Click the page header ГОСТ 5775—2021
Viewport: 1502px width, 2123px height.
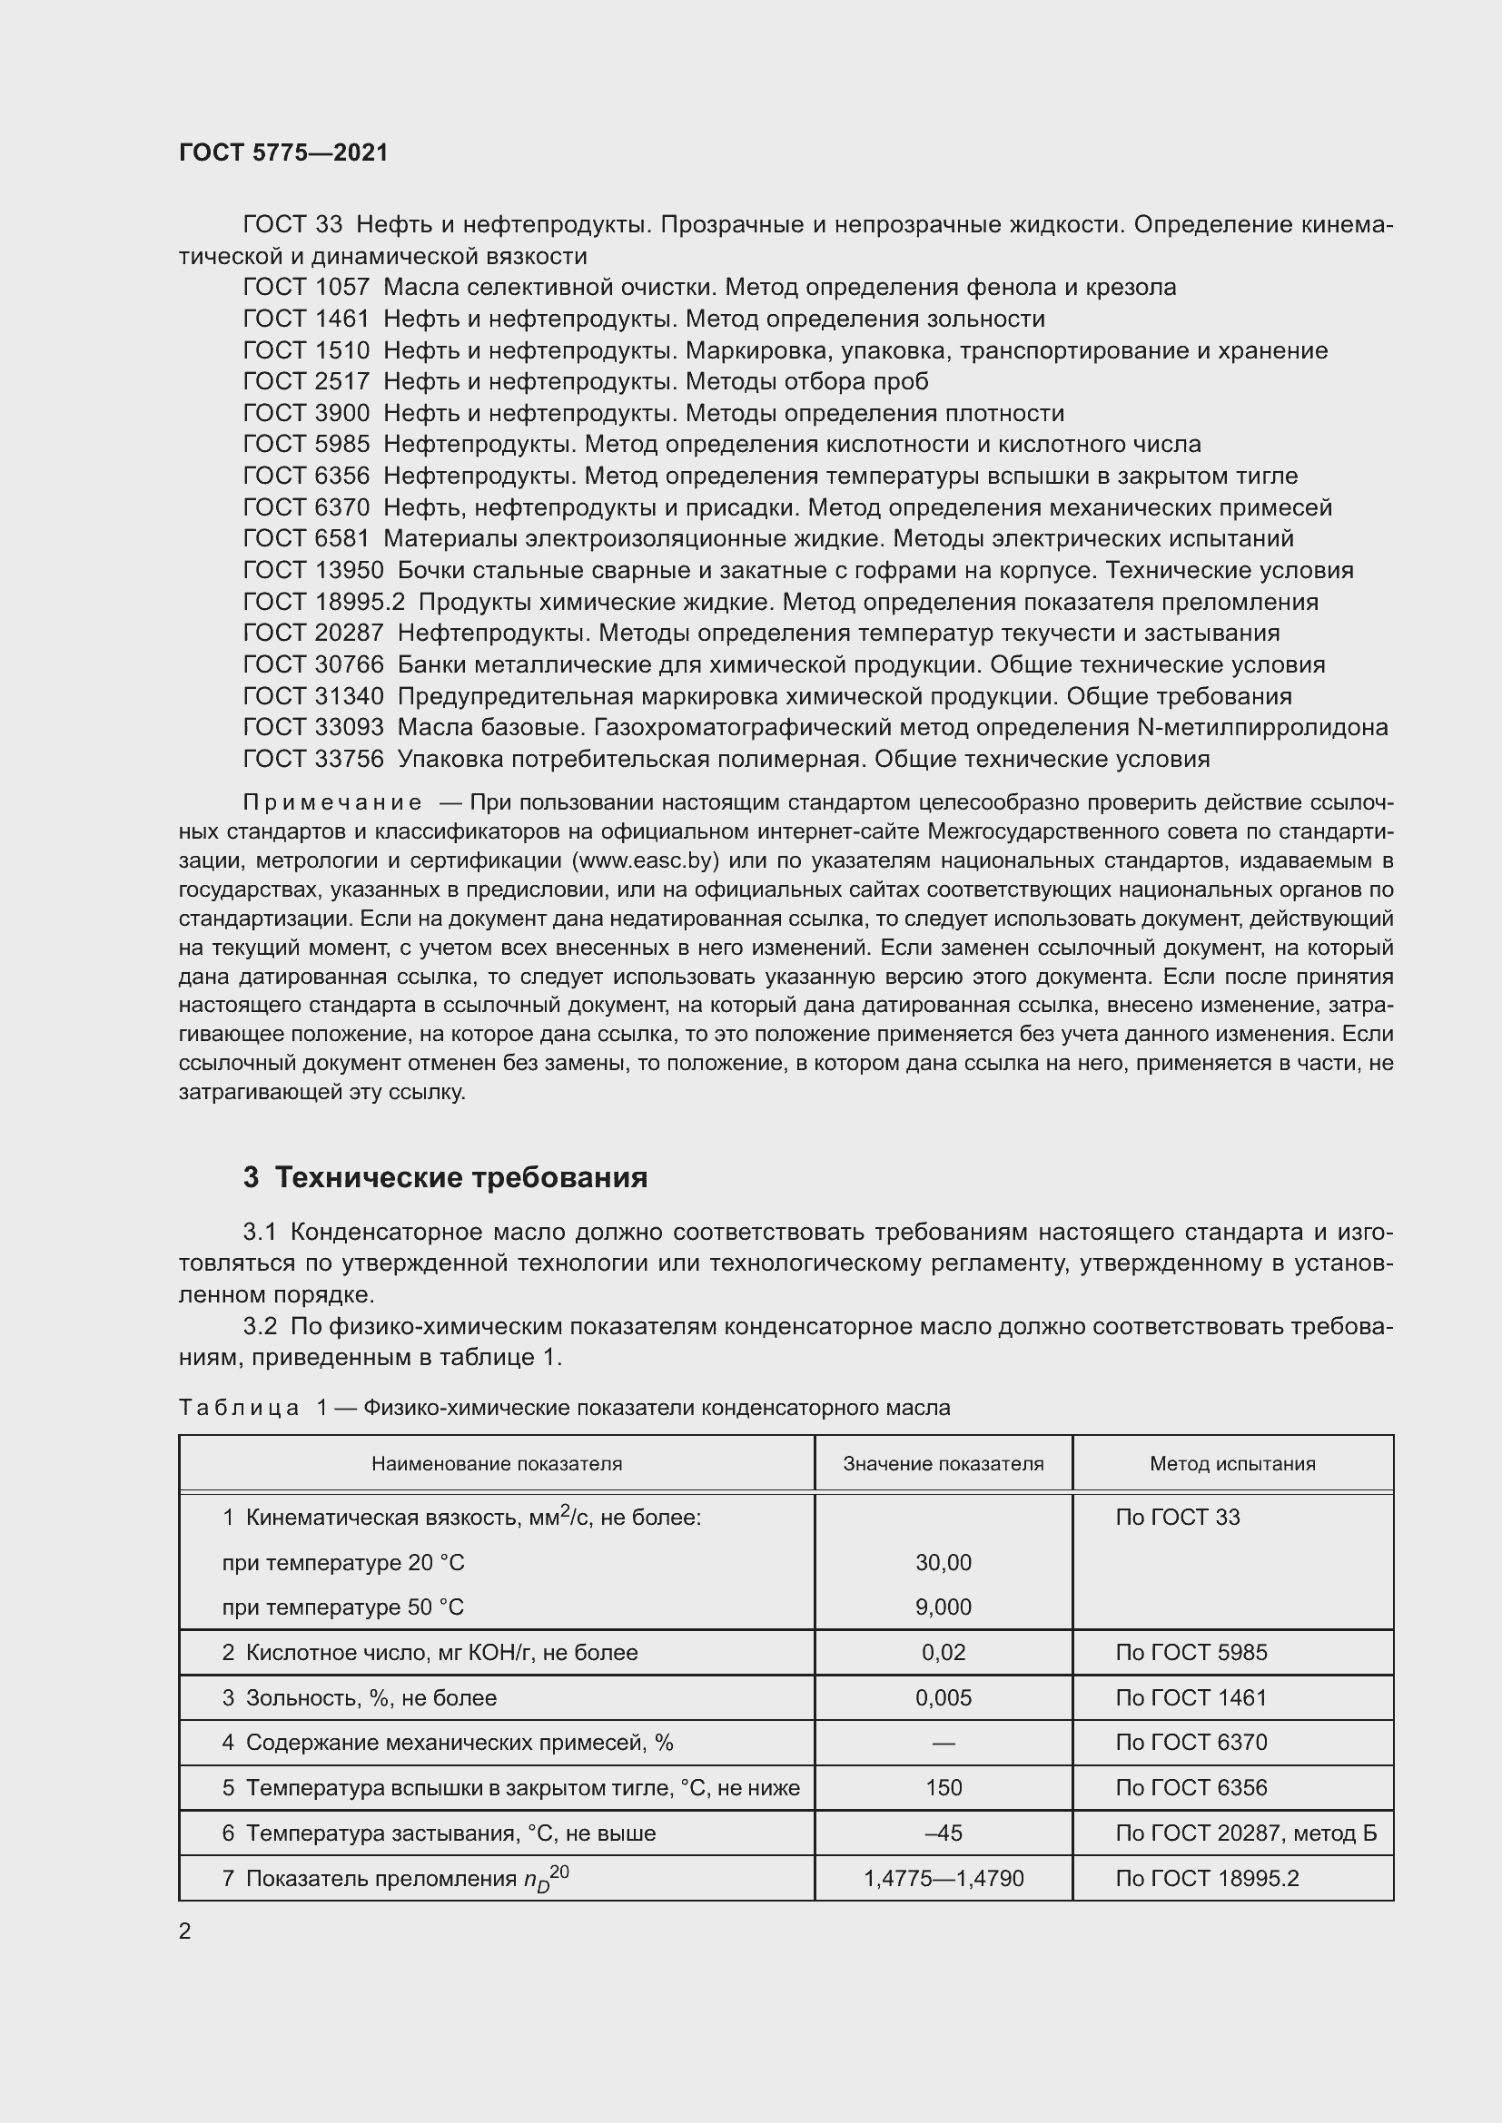coord(283,152)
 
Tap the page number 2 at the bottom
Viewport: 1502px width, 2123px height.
coord(185,1931)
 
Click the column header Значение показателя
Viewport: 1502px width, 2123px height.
coord(943,1464)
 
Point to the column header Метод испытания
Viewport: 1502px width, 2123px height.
coord(1232,1464)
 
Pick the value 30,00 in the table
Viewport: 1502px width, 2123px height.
coord(943,1563)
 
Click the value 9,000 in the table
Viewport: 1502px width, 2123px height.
coord(943,1607)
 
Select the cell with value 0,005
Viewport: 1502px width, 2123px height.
coord(943,1697)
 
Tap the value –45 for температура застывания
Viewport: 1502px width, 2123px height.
coord(943,1833)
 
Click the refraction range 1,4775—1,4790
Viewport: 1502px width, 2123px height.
coord(943,1878)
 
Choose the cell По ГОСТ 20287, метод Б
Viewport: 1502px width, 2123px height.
coord(1245,1833)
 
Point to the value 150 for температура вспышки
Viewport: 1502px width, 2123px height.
coord(943,1787)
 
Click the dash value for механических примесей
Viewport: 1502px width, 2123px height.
coord(943,1743)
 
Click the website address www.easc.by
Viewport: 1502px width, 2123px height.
coord(646,860)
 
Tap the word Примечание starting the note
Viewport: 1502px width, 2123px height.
coord(332,802)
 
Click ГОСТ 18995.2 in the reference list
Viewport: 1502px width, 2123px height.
coord(323,602)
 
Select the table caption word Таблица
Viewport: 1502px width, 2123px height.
coord(239,1409)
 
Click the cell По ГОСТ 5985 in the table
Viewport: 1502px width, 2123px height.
coord(1191,1652)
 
